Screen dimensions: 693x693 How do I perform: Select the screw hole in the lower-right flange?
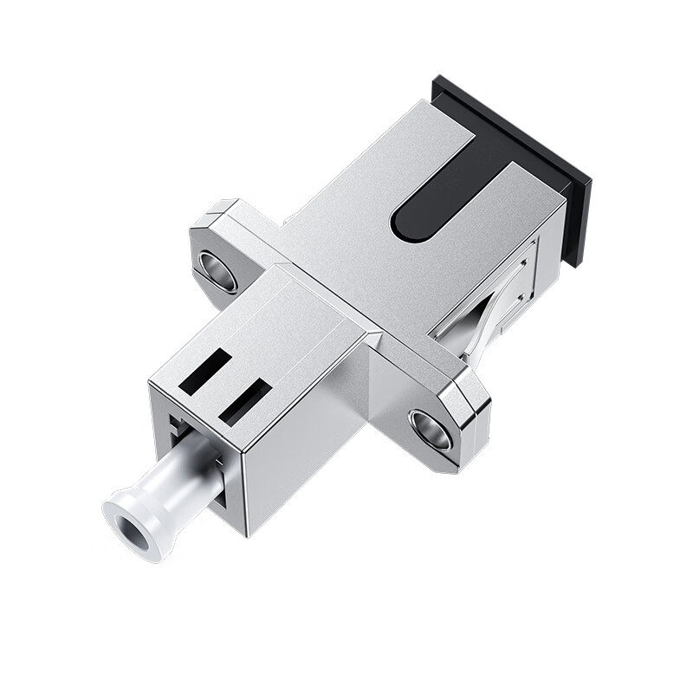click(x=431, y=429)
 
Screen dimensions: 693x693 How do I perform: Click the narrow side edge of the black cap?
click(x=576, y=217)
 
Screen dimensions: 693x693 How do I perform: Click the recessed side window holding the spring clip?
click(x=494, y=299)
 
